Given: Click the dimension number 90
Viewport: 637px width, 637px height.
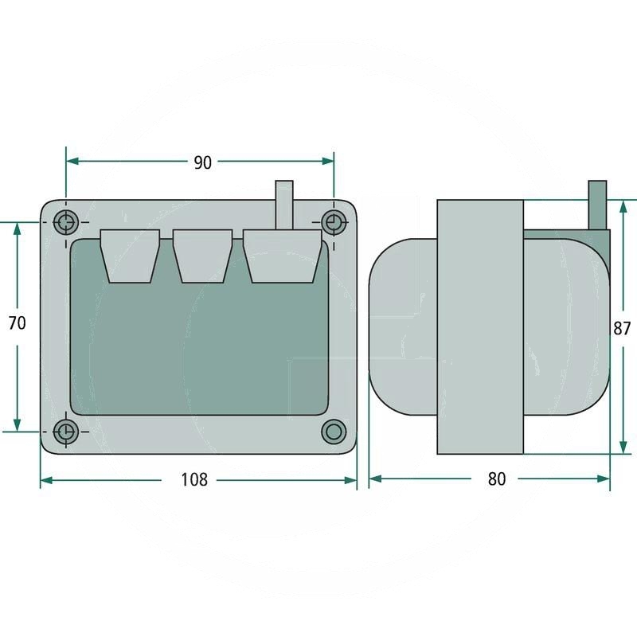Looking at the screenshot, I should pos(203,162).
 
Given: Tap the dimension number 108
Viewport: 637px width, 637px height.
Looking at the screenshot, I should pos(194,479).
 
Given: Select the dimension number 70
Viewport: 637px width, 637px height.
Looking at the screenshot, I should pos(17,323).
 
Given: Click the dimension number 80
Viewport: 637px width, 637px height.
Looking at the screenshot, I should pos(497,479).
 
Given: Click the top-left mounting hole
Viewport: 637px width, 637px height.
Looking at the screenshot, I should pos(66,222).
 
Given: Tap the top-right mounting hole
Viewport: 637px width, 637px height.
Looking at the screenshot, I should pos(332,222).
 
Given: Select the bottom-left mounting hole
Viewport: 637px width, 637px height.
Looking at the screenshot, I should pos(66,432).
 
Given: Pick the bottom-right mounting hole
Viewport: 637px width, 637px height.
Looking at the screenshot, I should pos(332,432).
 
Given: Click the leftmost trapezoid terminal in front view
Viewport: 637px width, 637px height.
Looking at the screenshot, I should pos(130,255).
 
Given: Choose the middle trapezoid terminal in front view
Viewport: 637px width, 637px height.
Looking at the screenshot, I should pos(202,255).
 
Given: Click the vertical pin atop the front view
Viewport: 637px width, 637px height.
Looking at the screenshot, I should pos(283,203).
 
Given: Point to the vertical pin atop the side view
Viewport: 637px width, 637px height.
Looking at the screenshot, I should pos(597,203).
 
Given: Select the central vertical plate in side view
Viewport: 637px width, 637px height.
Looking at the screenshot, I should pos(480,326).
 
